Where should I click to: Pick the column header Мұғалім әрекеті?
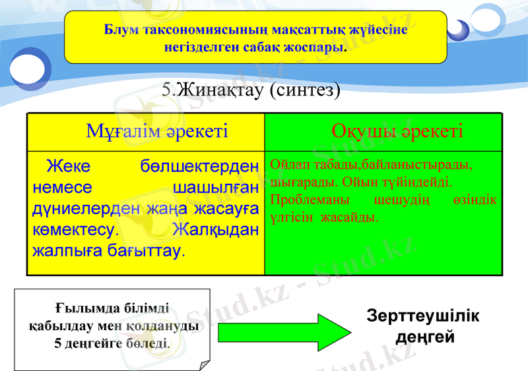(157, 131)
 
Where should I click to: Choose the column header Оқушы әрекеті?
(397, 130)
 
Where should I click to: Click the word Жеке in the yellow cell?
(68, 166)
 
